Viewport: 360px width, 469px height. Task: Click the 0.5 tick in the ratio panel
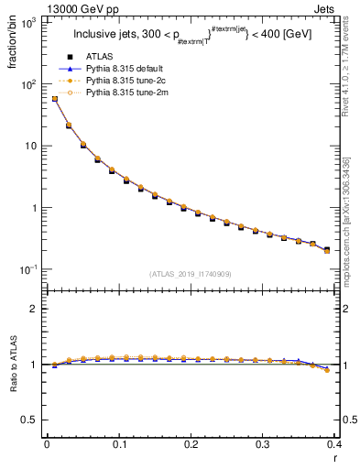[x=31, y=420]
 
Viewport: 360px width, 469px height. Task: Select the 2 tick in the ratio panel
[x=35, y=309]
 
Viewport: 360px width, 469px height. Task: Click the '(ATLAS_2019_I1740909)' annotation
[x=191, y=275]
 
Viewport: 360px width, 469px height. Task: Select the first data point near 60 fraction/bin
[x=54, y=99]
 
